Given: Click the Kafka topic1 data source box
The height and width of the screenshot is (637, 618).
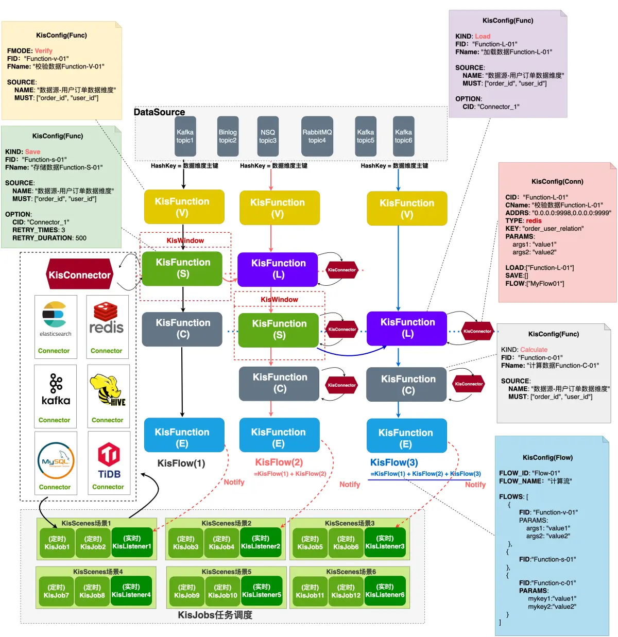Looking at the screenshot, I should point(185,136).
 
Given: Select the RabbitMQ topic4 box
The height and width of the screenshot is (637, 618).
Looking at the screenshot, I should point(317,136).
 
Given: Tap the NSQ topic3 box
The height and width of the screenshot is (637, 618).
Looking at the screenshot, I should point(268,136).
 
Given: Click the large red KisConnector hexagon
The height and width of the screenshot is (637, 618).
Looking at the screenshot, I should point(79,275).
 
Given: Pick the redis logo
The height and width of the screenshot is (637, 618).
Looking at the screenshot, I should point(107,318).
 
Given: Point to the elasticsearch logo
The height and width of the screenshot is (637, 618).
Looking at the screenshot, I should point(55,315).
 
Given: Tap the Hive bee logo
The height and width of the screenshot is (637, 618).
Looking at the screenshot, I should point(107,390).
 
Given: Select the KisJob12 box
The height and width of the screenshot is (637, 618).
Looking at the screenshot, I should point(346,591).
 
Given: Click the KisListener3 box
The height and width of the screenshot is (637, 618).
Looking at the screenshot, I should point(385,543).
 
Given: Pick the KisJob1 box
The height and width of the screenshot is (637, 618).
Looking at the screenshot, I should point(57,543).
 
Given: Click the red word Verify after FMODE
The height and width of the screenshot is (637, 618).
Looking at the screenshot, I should point(43,51).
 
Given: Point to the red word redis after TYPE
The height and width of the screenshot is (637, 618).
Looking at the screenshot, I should point(534,221).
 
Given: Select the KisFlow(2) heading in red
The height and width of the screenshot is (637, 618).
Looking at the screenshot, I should point(279,462).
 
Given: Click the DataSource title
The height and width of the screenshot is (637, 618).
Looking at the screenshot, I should point(159,112).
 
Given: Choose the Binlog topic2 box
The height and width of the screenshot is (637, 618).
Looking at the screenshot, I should point(228,136).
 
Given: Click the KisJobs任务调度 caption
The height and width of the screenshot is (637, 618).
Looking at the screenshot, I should point(215,615).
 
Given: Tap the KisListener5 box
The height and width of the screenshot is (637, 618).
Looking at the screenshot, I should point(262,591).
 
